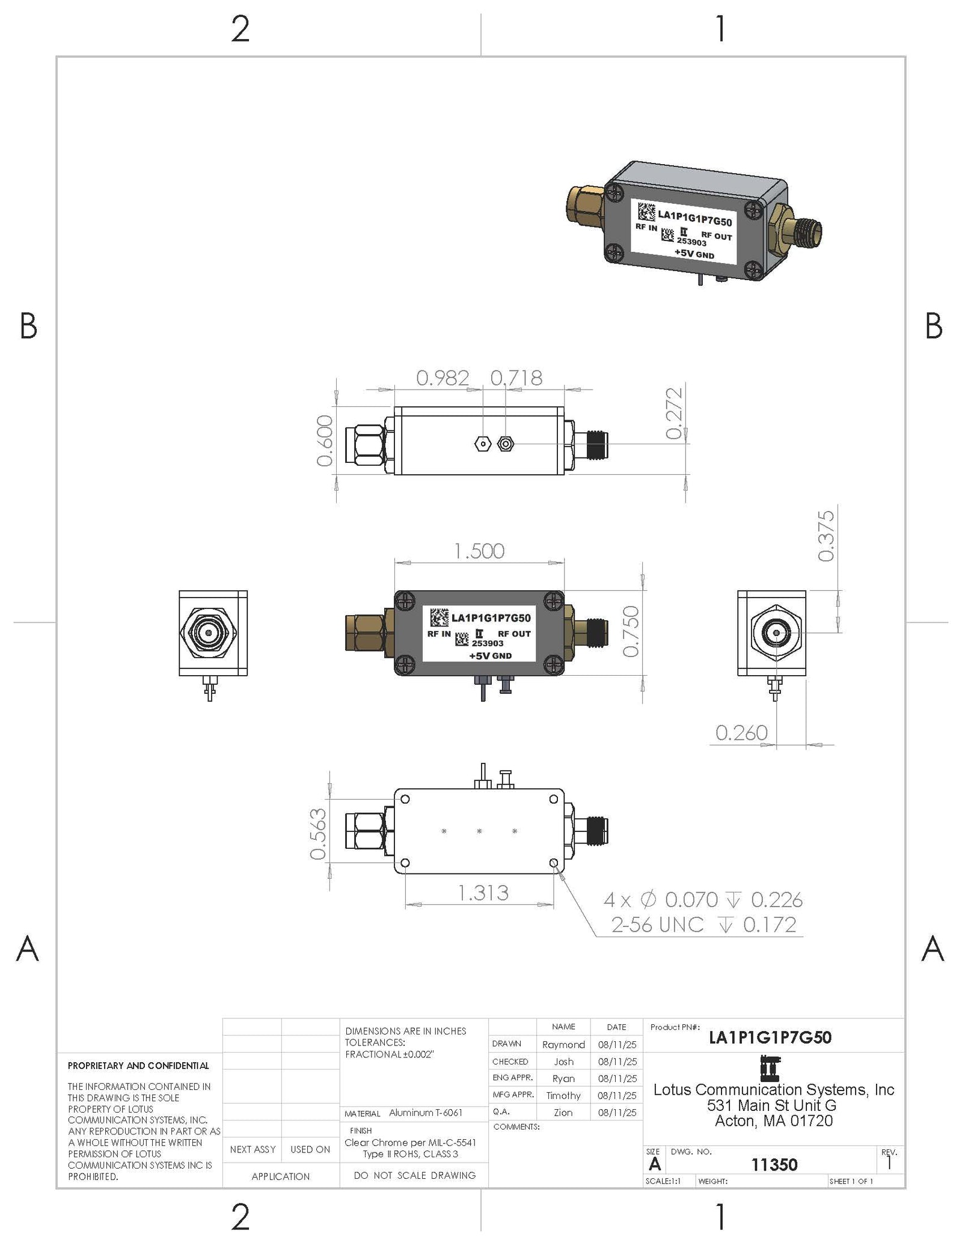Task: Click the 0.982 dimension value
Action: [443, 378]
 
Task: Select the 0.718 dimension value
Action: [516, 378]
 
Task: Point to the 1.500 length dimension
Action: [479, 551]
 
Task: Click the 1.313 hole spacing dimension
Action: [483, 893]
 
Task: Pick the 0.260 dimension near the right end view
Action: [741, 733]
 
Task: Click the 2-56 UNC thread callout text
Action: [657, 925]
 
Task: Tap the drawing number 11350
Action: [774, 1165]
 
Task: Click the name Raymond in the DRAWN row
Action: [563, 1045]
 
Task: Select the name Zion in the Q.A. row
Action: [563, 1113]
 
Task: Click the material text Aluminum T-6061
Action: [426, 1113]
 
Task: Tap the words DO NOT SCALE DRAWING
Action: [414, 1175]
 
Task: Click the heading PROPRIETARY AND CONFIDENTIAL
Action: [138, 1066]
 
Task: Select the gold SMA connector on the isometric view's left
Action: [586, 204]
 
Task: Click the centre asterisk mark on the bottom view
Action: [479, 831]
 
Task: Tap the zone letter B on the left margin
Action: [28, 326]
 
